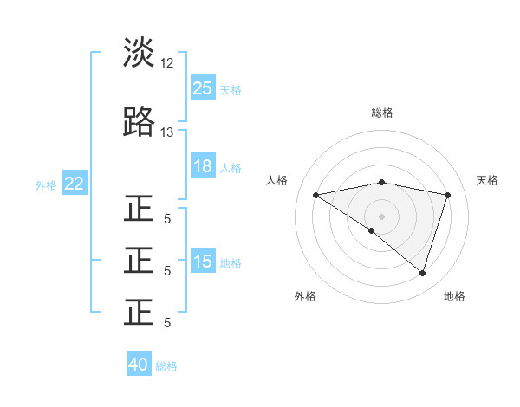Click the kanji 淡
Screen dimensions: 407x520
tap(140, 53)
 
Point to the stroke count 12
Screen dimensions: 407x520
tap(167, 63)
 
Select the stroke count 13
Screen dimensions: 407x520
tap(167, 132)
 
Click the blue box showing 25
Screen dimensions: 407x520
tap(203, 88)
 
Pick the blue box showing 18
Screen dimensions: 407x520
tap(203, 166)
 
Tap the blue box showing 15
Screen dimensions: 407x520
tap(203, 262)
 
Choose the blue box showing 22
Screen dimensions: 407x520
tap(75, 184)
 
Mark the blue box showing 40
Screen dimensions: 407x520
tap(139, 365)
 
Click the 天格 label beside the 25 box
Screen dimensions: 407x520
tap(231, 89)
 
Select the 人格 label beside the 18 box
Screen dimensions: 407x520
tap(231, 167)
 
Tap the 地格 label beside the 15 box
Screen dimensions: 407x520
tap(231, 262)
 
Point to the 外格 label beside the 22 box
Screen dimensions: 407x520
tap(46, 184)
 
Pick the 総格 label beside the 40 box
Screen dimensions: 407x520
tap(166, 365)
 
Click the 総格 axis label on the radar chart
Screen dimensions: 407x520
tap(381, 113)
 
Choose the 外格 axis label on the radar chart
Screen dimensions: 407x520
tap(305, 296)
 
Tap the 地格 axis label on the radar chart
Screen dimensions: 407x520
tap(454, 296)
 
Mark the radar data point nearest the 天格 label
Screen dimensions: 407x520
tap(448, 195)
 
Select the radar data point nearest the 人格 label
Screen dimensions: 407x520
tap(315, 195)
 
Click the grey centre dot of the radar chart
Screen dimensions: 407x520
tap(381, 216)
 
